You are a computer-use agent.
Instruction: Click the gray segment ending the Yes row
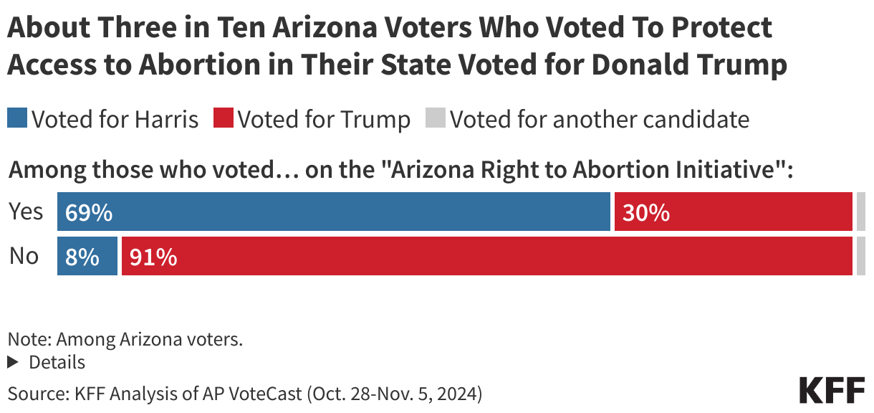point(860,212)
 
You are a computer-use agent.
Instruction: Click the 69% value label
point(88,213)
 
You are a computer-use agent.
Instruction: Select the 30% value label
point(645,213)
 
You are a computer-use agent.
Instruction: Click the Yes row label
point(26,212)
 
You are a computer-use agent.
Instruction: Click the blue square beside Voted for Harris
point(17,118)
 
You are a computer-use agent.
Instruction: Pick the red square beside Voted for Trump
point(223,118)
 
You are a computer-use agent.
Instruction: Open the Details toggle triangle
point(12,363)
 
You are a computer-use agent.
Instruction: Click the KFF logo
point(831,390)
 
